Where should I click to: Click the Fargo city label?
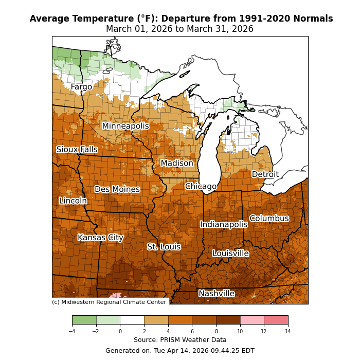coord(81,87)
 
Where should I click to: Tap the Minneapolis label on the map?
coord(125,126)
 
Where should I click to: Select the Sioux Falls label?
coord(77,150)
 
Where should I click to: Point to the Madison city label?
coord(177,164)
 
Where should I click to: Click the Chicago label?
coord(201,186)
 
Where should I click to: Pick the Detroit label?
coord(265,174)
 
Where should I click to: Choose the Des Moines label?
coord(117,189)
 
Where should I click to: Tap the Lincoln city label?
coord(73,201)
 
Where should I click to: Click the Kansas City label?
coord(100,238)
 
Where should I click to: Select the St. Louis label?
coord(164,247)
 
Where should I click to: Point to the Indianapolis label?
coord(224,224)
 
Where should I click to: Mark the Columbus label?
coord(269,219)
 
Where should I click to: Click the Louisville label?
coord(230,254)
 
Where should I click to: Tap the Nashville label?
coord(217,294)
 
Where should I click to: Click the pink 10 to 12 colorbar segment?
coord(252,320)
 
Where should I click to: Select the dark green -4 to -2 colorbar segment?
coord(84,320)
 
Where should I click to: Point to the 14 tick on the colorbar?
coord(288,331)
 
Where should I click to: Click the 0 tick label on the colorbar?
coord(120,331)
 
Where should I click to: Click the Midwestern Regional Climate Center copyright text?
coord(109,302)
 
